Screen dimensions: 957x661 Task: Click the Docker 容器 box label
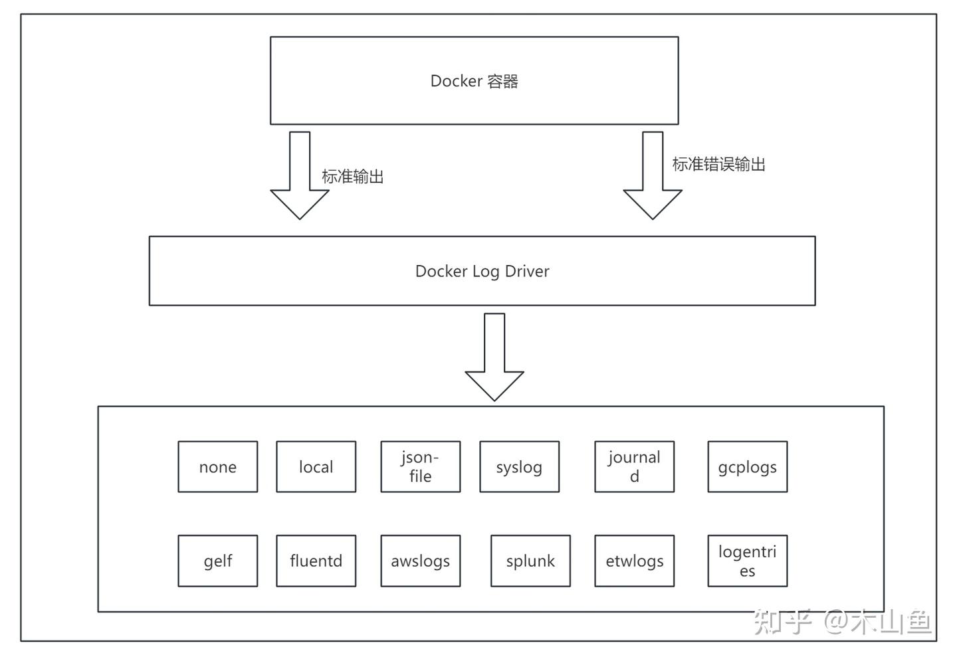coord(475,81)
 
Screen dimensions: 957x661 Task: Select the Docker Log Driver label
coord(482,271)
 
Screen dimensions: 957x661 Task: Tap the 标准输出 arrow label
coord(353,176)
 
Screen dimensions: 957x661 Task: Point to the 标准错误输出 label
coord(719,164)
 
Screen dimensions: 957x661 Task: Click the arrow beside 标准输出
coord(300,175)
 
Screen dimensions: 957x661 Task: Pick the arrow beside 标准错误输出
coord(653,175)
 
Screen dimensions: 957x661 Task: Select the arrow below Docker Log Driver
coord(494,357)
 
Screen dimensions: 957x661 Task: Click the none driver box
coord(218,467)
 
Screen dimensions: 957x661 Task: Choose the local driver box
coord(316,467)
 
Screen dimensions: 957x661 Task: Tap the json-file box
coord(421,467)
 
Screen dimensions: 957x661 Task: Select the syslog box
coord(520,467)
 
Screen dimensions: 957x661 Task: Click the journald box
coord(635,467)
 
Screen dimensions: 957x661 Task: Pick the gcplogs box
coord(748,467)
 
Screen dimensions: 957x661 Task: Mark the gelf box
coord(218,561)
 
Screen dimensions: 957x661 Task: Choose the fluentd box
coord(316,561)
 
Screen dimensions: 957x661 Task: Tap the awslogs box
coord(421,561)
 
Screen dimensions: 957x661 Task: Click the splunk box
coord(530,561)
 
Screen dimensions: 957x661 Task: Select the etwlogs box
coord(635,561)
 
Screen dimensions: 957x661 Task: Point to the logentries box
coord(748,561)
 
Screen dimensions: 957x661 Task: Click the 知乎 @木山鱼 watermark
coord(842,622)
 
